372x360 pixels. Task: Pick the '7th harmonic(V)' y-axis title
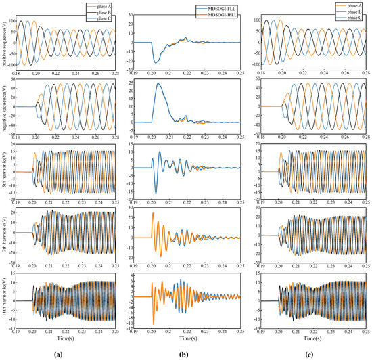point(5,238)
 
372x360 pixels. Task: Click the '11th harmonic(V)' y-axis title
point(5,301)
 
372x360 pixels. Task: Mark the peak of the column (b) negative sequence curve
point(158,84)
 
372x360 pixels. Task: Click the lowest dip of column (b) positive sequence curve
point(156,63)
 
